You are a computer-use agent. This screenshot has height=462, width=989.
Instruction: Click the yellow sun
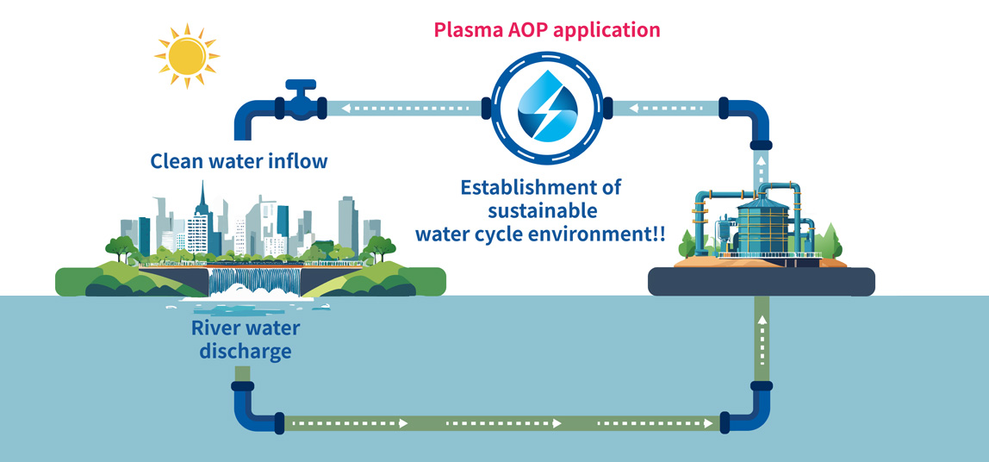coord(187,55)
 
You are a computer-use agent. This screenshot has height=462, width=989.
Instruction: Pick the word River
coord(219,328)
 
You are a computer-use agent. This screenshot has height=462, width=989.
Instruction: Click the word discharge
coord(246,351)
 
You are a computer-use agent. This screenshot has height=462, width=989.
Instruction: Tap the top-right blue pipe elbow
coord(750,119)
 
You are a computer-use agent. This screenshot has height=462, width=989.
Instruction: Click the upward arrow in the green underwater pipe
coord(762,340)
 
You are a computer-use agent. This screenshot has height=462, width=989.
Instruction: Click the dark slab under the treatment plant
coord(762,282)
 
